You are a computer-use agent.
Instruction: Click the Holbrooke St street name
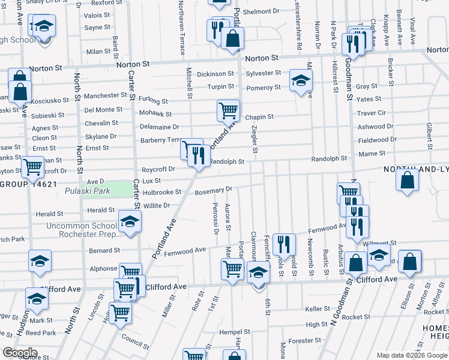tap(162, 192)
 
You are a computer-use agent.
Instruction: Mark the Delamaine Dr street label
tap(160, 127)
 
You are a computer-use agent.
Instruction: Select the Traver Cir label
tap(371, 113)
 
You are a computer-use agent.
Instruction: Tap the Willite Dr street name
tap(157, 205)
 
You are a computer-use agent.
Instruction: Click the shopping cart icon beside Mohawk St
tap(228, 110)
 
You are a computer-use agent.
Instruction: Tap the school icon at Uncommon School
tap(130, 221)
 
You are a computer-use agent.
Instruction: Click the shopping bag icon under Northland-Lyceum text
tap(408, 180)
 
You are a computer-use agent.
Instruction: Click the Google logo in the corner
tap(19, 353)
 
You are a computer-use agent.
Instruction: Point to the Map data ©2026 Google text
tap(412, 355)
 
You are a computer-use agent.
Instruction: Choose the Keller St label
tap(317, 308)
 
